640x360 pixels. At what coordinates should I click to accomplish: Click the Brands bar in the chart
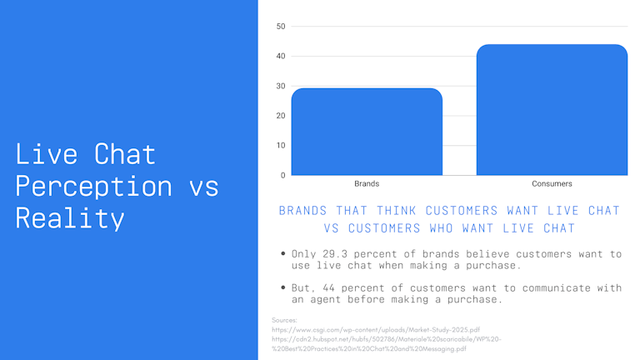point(367,132)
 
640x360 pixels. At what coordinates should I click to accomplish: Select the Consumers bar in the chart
point(552,110)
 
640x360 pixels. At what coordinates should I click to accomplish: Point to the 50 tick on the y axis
point(281,27)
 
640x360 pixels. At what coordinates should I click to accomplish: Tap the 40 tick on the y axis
point(281,57)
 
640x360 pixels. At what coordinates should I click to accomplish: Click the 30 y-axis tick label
point(281,86)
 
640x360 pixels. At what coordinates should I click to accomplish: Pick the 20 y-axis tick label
point(281,116)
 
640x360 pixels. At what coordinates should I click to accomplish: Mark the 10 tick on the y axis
point(281,146)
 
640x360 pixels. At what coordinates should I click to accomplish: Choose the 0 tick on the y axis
point(282,176)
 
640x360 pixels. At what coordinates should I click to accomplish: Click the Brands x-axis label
point(367,183)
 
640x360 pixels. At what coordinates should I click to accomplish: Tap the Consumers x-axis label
point(552,183)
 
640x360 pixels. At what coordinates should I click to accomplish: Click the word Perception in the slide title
point(94,187)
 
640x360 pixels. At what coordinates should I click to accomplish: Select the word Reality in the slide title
point(70,218)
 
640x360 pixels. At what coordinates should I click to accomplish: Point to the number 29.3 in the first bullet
point(335,254)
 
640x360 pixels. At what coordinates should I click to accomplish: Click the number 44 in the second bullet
point(328,287)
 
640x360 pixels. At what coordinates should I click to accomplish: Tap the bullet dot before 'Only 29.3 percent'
point(283,254)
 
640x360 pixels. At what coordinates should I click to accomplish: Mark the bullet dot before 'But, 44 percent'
point(283,287)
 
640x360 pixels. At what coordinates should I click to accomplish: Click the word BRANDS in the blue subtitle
point(302,211)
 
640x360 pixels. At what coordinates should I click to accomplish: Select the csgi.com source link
point(376,329)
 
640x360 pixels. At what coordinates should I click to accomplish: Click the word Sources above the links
point(284,320)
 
